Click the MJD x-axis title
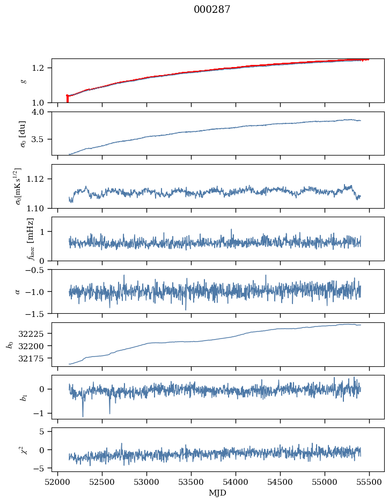click(218, 492)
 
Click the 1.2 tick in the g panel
click(41, 68)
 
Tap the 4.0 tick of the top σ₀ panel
click(41, 112)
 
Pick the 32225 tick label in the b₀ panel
click(34, 334)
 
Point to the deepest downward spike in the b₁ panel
click(83, 416)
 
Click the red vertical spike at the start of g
click(67, 99)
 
